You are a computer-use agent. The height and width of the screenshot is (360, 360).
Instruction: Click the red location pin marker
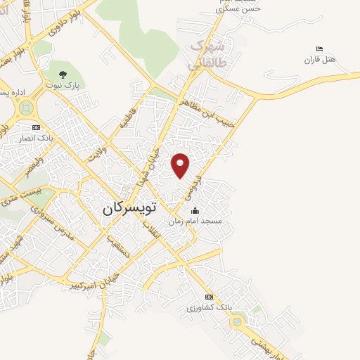pyautogui.click(x=181, y=165)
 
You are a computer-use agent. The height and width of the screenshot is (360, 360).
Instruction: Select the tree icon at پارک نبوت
pyautogui.click(x=63, y=74)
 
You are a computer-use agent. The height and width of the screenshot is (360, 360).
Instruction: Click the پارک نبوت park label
pyautogui.click(x=63, y=84)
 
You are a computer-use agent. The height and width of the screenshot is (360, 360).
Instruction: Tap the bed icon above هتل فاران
pyautogui.click(x=319, y=49)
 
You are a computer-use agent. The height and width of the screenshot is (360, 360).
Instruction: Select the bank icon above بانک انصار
pyautogui.click(x=36, y=128)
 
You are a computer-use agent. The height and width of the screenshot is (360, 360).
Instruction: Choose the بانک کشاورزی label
pyautogui.click(x=209, y=308)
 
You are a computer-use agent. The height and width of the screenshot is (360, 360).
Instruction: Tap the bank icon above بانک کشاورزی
pyautogui.click(x=209, y=297)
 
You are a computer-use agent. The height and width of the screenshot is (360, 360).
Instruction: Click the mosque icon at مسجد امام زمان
pyautogui.click(x=194, y=211)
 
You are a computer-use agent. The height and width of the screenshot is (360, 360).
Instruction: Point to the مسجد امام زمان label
pyautogui.click(x=195, y=221)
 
